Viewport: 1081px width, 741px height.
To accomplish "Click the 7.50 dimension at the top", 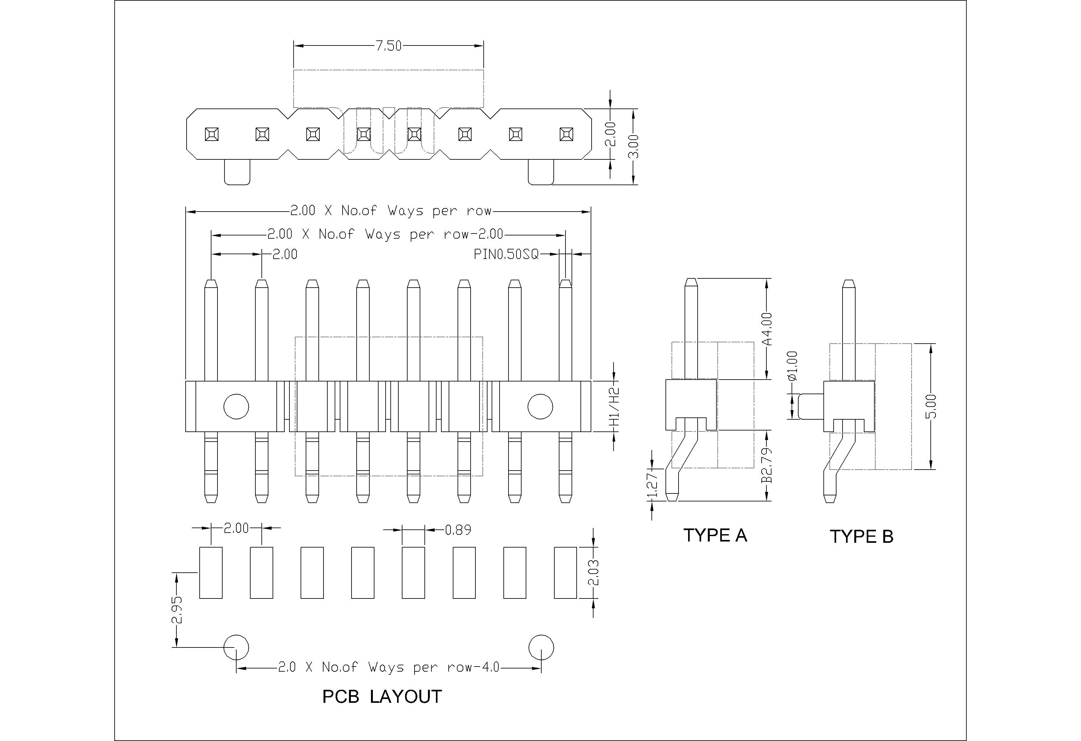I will click(x=388, y=46).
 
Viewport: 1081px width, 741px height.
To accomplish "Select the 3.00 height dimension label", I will click(x=634, y=146).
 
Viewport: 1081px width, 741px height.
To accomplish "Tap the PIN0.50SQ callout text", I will click(x=506, y=254).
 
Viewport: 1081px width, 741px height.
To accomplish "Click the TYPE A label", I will click(x=715, y=535).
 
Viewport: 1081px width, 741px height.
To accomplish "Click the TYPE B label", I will click(x=861, y=536).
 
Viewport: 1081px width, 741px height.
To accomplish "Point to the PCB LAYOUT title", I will click(x=382, y=696).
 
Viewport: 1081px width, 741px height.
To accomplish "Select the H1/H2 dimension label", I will click(x=615, y=407).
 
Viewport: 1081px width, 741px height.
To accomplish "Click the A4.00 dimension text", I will click(x=767, y=329).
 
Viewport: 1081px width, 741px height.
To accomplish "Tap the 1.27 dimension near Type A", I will click(x=653, y=484).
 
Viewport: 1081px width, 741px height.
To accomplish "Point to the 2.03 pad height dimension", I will click(x=594, y=573).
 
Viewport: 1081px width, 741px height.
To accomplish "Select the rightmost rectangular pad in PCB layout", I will click(x=565, y=572).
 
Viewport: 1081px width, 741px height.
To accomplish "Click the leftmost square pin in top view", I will click(x=212, y=134).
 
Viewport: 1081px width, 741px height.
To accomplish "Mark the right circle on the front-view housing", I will click(x=540, y=406).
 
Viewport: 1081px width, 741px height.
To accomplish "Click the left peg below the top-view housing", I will click(x=237, y=171).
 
